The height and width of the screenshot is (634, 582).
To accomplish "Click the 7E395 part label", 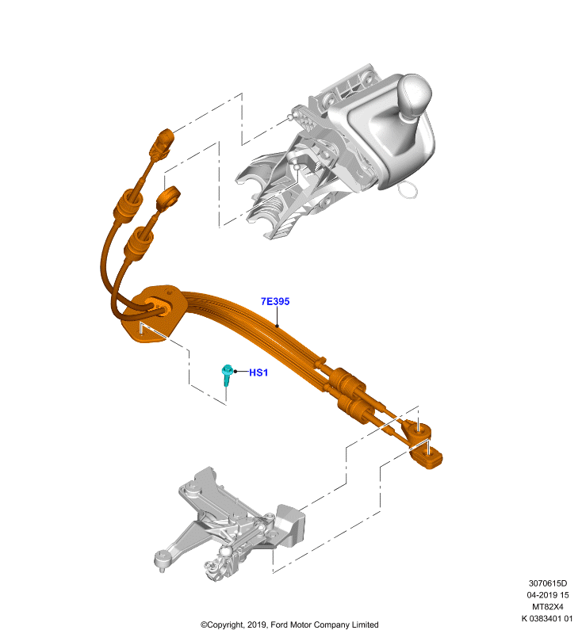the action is click(275, 301).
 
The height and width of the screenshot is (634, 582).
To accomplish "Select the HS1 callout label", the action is click(258, 372).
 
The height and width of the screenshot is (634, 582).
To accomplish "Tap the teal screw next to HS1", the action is click(227, 375).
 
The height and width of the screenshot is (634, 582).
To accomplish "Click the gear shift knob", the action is click(415, 96).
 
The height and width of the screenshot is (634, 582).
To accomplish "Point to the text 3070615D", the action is click(548, 583).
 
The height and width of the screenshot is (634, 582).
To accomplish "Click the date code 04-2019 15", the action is click(548, 595).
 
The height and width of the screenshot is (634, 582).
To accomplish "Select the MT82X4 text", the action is click(548, 606).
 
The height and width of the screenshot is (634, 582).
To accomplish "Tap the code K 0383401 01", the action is click(547, 618).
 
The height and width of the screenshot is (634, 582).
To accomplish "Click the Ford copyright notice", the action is click(289, 624).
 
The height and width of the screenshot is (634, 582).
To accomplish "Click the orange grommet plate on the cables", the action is click(151, 313).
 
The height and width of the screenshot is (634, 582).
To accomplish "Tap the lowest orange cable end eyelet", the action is click(427, 458).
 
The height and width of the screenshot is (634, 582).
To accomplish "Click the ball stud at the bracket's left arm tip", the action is click(162, 560).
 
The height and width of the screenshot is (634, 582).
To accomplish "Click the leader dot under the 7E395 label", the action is click(277, 326).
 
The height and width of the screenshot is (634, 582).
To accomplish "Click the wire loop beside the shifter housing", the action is click(408, 190).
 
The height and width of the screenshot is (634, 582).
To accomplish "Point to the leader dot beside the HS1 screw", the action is click(235, 371).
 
